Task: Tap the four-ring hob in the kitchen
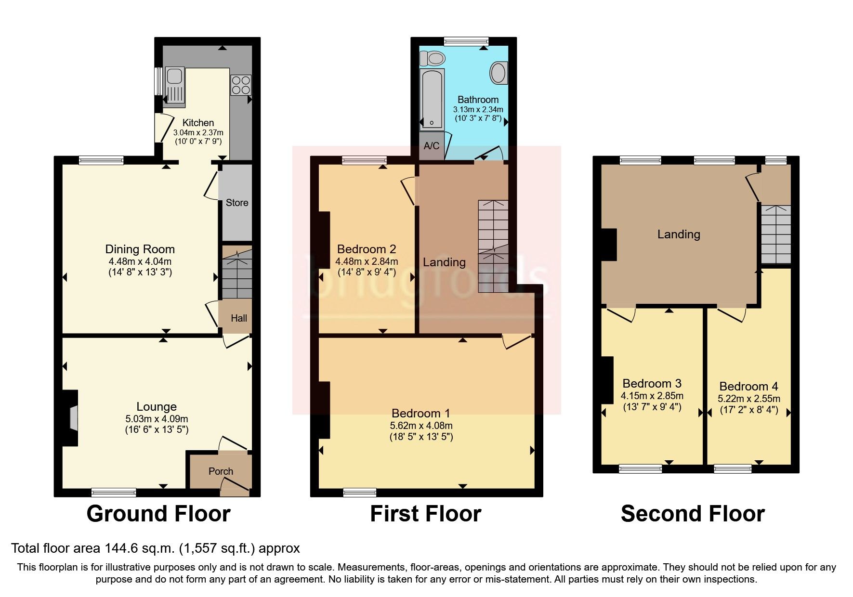241,85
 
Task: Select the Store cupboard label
237,203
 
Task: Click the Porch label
221,471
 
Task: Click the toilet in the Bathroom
432,58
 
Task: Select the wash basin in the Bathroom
498,73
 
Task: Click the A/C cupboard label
431,145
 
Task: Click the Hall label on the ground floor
239,318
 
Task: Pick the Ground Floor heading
158,514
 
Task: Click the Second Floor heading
692,514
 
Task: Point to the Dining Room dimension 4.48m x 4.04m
140,262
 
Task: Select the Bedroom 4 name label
748,386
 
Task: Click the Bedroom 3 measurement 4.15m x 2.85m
652,396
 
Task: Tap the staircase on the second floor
775,234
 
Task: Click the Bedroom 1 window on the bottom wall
359,492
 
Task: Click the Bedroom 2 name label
366,249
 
